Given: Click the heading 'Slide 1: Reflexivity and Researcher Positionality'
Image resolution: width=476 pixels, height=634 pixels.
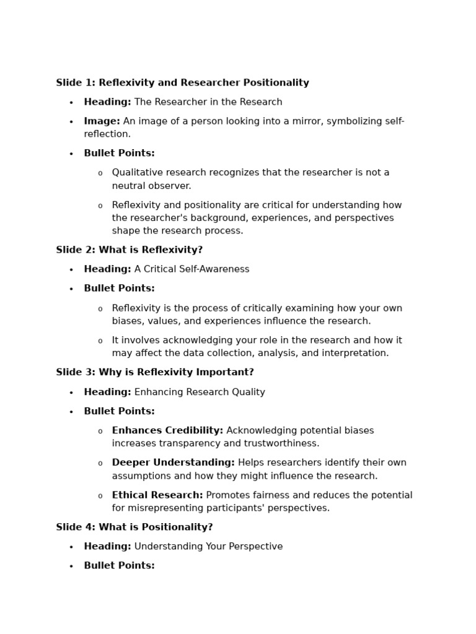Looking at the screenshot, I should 182,83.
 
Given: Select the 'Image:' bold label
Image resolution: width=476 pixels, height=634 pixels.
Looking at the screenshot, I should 102,121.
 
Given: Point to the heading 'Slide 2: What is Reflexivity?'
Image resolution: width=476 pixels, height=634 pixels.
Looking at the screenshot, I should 129,250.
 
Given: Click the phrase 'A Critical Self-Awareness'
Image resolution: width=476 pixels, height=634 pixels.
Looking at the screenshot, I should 192,269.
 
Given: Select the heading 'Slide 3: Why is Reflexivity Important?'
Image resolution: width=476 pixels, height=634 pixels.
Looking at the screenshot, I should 154,373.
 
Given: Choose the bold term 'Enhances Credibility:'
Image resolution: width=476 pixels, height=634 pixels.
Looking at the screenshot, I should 167,431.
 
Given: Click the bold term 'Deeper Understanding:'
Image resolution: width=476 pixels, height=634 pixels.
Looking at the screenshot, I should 173,463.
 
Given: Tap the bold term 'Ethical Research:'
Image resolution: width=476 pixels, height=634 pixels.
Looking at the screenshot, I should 157,495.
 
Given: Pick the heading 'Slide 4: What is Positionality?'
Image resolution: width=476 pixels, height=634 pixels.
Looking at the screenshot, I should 134,528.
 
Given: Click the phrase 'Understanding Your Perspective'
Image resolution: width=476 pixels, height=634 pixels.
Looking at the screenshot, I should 208,547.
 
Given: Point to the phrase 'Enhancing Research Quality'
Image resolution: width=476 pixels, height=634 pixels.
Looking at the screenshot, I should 200,393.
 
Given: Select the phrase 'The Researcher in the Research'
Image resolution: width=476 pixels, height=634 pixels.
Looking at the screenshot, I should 208,102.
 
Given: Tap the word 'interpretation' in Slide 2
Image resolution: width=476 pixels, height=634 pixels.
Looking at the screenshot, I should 356,354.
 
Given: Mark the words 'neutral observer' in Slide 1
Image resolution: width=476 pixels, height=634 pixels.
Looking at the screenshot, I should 151,186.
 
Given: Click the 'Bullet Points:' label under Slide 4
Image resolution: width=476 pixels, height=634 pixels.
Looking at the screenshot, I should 119,566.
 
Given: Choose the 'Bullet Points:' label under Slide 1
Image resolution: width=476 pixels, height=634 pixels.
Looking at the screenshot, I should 119,154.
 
